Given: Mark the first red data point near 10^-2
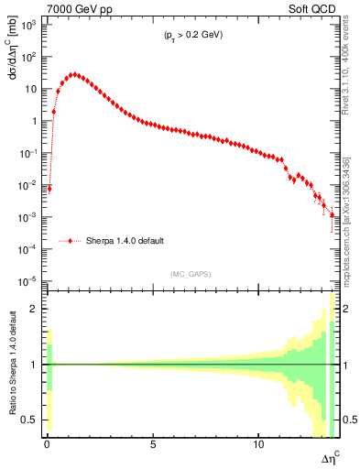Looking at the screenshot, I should tap(49, 189).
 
